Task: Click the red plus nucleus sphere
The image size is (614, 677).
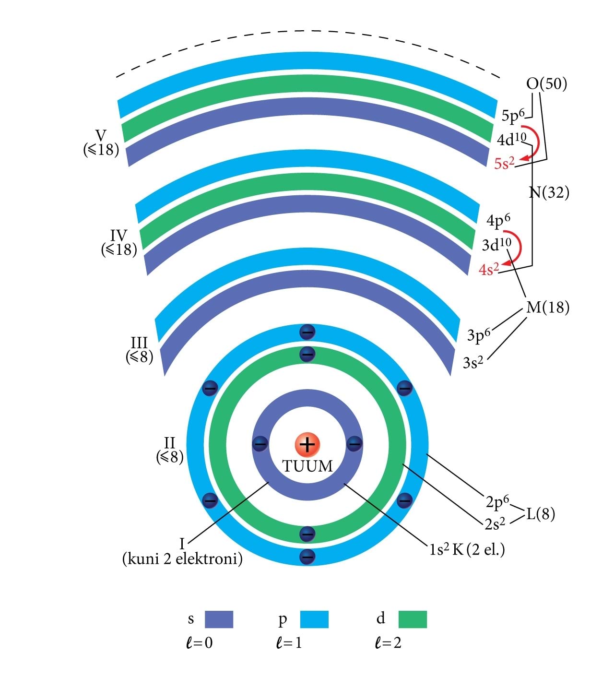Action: pos(307,444)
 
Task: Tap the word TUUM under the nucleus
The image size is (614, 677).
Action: pos(307,466)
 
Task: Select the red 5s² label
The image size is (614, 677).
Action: pos(504,164)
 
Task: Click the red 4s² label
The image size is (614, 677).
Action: pos(489,269)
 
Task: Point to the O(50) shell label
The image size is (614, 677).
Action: pos(546,84)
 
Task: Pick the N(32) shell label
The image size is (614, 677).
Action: pos(549,193)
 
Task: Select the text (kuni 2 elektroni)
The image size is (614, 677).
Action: pos(182,559)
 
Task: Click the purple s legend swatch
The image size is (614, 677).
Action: pos(219,619)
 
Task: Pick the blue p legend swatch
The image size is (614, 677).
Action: pos(314,619)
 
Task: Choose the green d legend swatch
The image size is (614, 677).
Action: pos(413,619)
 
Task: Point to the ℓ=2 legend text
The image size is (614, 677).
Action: pos(388,643)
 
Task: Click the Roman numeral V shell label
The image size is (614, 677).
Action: pos(101,135)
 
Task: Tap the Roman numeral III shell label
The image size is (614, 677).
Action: pos(139,343)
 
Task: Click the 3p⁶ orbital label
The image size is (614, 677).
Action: pos(479,335)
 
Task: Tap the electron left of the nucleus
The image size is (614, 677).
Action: pos(260,444)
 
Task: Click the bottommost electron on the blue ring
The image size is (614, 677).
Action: pos(307,557)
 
